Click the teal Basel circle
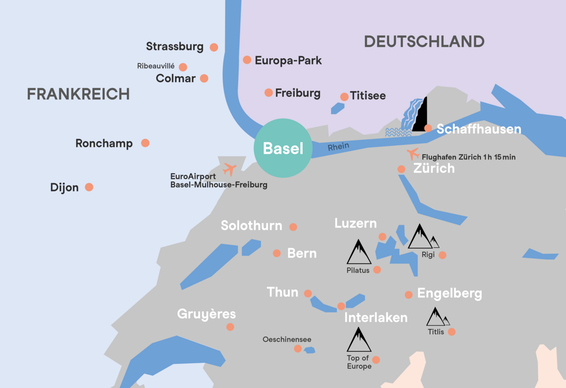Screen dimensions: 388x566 [283, 148]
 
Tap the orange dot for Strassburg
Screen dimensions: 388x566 [214, 47]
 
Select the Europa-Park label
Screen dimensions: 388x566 [288, 61]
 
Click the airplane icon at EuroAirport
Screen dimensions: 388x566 [229, 169]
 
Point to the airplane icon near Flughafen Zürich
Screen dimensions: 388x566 [413, 154]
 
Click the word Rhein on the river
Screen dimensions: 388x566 [338, 147]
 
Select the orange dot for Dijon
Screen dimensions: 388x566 [89, 187]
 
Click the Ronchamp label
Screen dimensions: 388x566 [104, 144]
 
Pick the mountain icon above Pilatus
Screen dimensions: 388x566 [359, 252]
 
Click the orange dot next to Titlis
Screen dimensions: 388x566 [452, 332]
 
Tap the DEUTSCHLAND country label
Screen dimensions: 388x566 [424, 41]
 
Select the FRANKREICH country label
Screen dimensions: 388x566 [78, 94]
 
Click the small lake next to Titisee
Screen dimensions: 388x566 [337, 108]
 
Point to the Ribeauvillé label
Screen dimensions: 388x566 [156, 66]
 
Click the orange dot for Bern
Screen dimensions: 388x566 [277, 253]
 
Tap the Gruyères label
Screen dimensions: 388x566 [206, 314]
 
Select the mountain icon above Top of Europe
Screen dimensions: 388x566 [359, 339]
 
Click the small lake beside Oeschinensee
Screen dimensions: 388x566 [309, 350]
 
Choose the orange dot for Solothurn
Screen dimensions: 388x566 [293, 226]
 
